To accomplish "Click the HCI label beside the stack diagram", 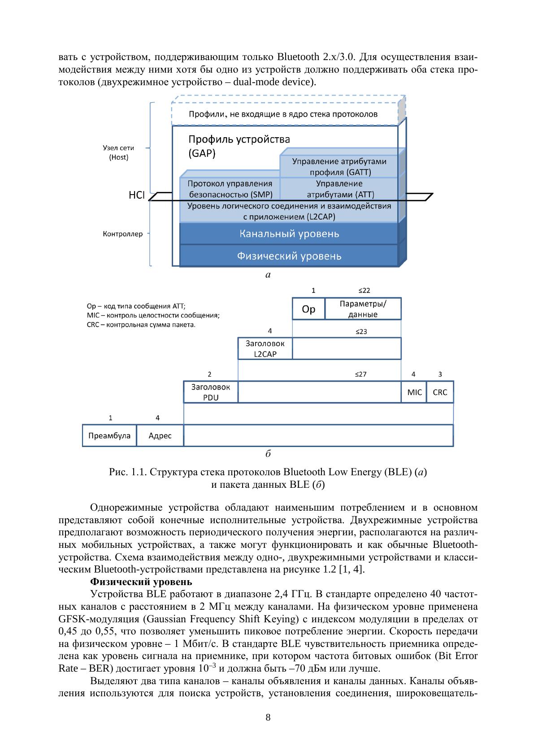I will click(136, 195).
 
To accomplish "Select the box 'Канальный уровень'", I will click(289, 234).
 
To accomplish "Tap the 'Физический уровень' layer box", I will click(289, 256).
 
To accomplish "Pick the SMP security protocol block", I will click(230, 189).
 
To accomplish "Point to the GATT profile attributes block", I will click(339, 166).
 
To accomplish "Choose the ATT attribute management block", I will click(339, 189).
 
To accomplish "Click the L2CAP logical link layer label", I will click(289, 211).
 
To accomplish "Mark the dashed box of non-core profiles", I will click(283, 114).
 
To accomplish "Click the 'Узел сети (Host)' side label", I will click(119, 152).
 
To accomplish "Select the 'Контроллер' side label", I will click(123, 234).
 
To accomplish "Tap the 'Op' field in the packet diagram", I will click(308, 309).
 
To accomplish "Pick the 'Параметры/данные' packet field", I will click(363, 308).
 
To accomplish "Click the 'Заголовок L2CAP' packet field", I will click(265, 348).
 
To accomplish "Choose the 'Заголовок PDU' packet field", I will click(211, 392).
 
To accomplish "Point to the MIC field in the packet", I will click(414, 392).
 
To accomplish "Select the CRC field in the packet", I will click(440, 392).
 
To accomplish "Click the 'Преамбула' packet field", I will click(109, 435).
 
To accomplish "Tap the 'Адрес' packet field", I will click(160, 435).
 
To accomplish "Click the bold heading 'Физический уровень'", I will click(141, 582).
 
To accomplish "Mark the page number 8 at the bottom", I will click(268, 717).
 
